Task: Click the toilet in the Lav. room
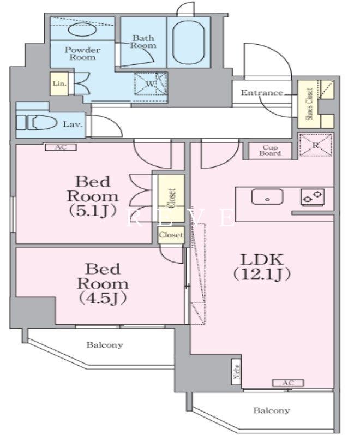pos(37,122)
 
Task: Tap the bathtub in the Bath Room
pos(189,43)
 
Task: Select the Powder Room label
pos(82,53)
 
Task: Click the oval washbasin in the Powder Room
pos(82,29)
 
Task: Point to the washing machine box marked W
pos(151,84)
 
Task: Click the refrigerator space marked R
pos(316,145)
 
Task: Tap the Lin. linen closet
pos(59,84)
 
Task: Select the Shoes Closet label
pos(309,104)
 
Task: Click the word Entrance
pos(262,93)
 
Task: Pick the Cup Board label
pos(270,150)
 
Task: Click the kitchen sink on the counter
pos(267,196)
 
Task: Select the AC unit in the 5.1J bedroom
pos(61,147)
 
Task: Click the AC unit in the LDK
pos(288,383)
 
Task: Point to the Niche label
pos(237,371)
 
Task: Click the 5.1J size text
pos(92,211)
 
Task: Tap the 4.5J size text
pos(103,298)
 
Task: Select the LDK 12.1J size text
pos(262,274)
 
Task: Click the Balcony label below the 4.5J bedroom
pos(105,345)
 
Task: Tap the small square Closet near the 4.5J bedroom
pos(171,235)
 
